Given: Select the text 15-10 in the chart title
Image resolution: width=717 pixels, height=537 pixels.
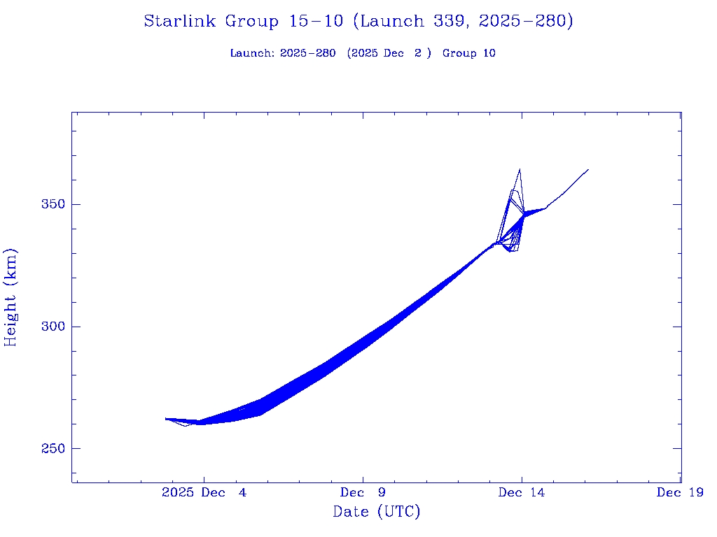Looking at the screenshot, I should (316, 21).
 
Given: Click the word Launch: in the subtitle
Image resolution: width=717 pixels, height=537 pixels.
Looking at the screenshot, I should (252, 53).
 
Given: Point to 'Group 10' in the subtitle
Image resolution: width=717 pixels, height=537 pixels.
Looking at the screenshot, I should (469, 53).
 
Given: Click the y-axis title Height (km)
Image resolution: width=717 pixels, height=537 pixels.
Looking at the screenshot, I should (11, 297).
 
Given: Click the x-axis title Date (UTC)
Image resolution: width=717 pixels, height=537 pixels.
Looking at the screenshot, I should (377, 512).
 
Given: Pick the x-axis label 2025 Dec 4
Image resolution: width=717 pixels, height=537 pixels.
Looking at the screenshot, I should (204, 493).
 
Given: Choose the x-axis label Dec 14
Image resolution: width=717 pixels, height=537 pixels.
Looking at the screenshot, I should (522, 493).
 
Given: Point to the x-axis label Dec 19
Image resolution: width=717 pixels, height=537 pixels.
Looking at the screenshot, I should (680, 493).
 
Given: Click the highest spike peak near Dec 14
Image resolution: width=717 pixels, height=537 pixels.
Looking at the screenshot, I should (520, 169).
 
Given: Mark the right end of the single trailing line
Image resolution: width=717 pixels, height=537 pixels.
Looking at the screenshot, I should (588, 169).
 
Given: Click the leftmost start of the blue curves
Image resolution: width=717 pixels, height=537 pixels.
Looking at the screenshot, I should (166, 419).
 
